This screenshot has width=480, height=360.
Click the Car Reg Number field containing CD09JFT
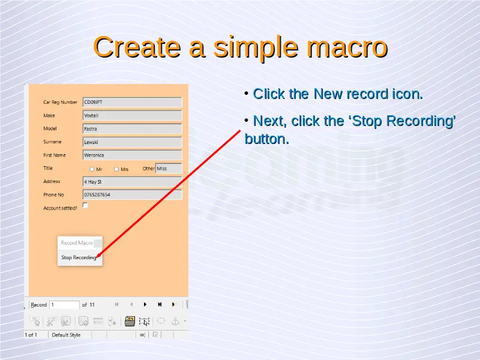(x=132, y=102)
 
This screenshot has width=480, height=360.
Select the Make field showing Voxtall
(x=132, y=115)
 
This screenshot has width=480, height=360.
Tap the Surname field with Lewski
(x=132, y=142)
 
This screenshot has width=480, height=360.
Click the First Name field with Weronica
(x=132, y=155)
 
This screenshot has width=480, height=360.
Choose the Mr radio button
(x=92, y=169)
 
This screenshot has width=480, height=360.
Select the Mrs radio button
(x=116, y=169)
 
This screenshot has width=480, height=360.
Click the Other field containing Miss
(x=169, y=169)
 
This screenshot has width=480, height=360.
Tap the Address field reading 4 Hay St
(x=132, y=182)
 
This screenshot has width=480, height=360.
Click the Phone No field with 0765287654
(x=132, y=194)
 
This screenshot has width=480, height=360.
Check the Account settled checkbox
(x=85, y=205)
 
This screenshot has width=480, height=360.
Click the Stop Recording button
(x=79, y=257)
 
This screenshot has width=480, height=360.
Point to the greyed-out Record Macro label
(x=77, y=243)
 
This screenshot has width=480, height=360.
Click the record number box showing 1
(x=65, y=305)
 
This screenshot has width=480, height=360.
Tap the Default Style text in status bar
(x=66, y=335)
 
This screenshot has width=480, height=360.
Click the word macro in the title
(x=347, y=47)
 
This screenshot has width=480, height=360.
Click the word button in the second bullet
(x=267, y=139)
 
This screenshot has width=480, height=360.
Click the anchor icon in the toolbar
(x=175, y=322)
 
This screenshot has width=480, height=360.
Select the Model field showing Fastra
(x=132, y=129)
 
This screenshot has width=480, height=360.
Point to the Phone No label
(x=53, y=194)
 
